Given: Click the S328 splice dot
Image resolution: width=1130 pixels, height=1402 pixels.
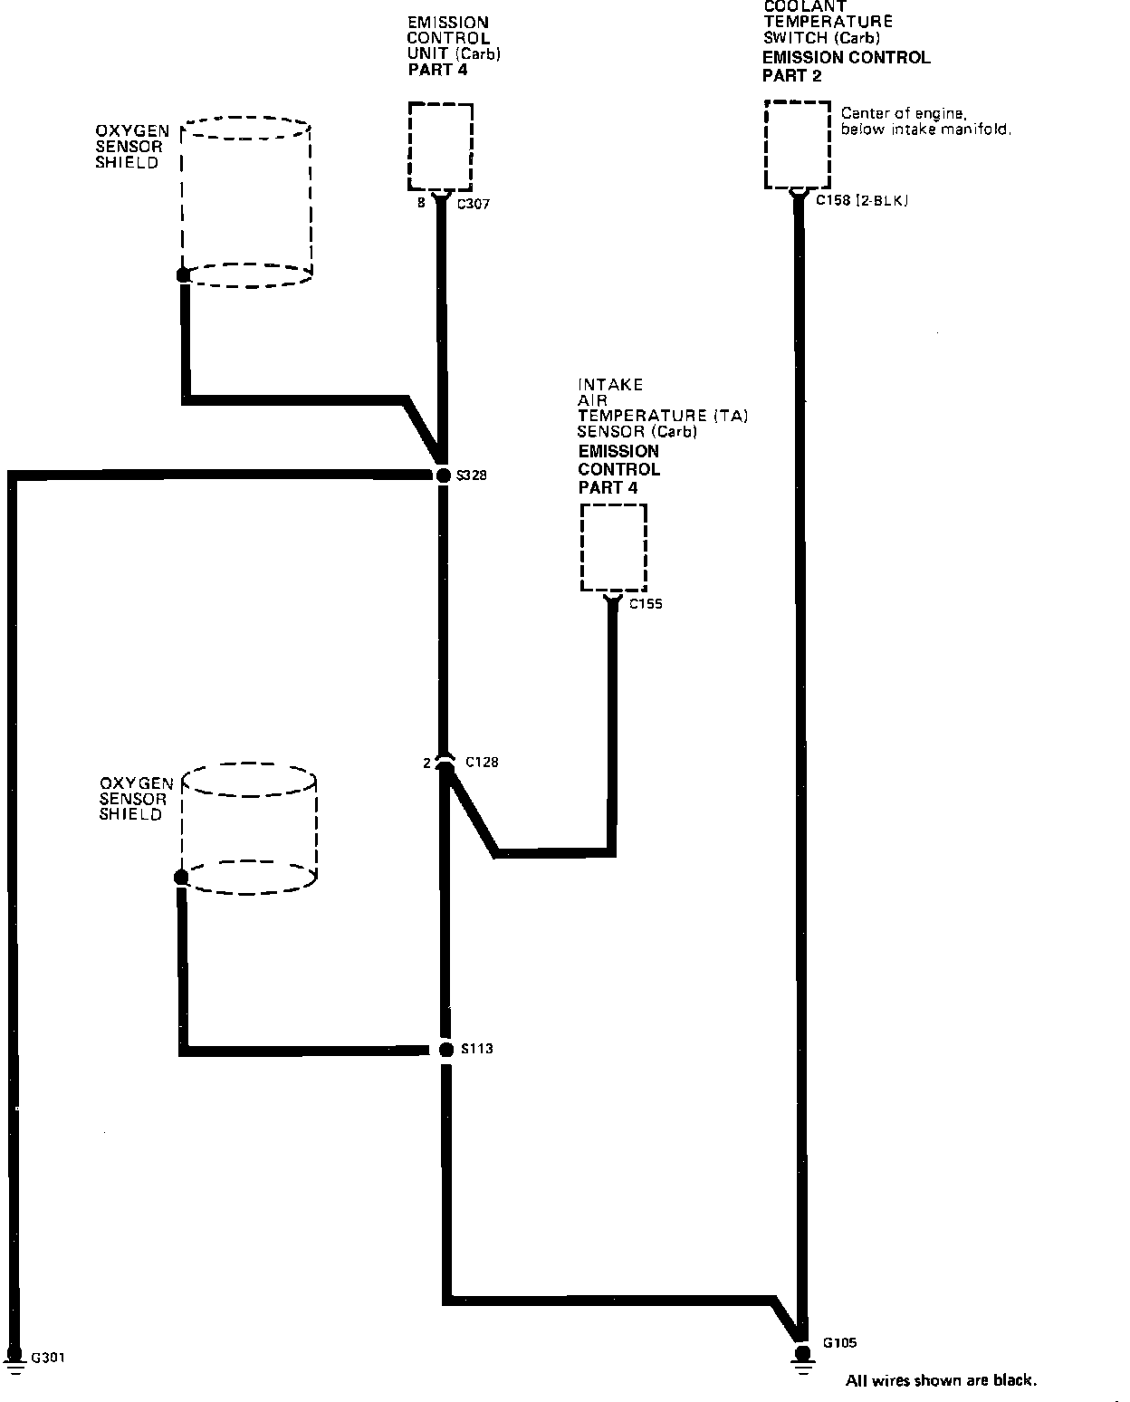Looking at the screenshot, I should (443, 475).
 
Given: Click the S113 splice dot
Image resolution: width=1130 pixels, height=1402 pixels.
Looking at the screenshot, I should (445, 1050).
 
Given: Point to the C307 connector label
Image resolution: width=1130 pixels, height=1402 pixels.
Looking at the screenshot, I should (473, 205).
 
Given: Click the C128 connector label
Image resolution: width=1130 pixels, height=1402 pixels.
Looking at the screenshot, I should (482, 763).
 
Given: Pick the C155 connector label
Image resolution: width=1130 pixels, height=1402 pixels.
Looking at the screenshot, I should (646, 604).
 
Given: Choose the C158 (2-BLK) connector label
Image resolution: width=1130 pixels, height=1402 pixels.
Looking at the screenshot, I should (861, 200).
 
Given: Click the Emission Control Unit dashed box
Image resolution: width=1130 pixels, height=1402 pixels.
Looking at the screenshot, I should (441, 145).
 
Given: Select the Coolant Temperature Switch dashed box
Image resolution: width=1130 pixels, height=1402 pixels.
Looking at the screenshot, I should (798, 145).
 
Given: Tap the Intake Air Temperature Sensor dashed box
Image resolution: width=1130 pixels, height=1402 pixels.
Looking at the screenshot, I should (614, 548).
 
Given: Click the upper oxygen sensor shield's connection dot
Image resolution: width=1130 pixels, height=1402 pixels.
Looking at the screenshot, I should (183, 274).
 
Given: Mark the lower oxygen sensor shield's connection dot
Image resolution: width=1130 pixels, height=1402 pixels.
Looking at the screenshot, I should (181, 877).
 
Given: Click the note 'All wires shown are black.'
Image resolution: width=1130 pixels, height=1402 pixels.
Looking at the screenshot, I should (941, 1380).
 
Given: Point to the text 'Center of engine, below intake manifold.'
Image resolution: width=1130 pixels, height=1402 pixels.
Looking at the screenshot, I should (925, 121).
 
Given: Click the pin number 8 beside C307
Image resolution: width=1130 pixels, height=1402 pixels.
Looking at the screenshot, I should (421, 204).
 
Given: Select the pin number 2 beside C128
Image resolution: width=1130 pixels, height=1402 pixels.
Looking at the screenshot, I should (426, 763).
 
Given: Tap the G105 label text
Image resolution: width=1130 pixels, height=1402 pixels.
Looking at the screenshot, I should (839, 1343).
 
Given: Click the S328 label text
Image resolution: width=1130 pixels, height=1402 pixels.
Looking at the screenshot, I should (473, 475).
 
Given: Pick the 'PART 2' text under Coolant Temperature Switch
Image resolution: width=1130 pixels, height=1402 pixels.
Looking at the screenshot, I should (791, 76).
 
